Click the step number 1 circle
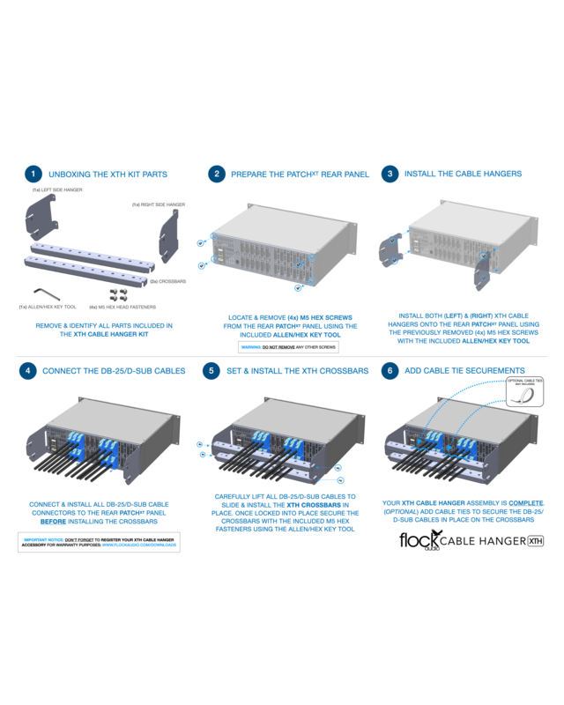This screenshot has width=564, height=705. click(x=33, y=174)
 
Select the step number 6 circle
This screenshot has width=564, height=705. click(x=390, y=371)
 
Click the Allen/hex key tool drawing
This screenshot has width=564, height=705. click(x=44, y=293)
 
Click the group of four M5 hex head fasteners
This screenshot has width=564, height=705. click(x=120, y=294)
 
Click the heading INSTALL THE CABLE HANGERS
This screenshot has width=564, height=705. click(x=463, y=174)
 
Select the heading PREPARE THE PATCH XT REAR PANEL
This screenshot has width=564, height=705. click(x=300, y=174)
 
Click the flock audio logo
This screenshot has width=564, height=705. click(x=418, y=539)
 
